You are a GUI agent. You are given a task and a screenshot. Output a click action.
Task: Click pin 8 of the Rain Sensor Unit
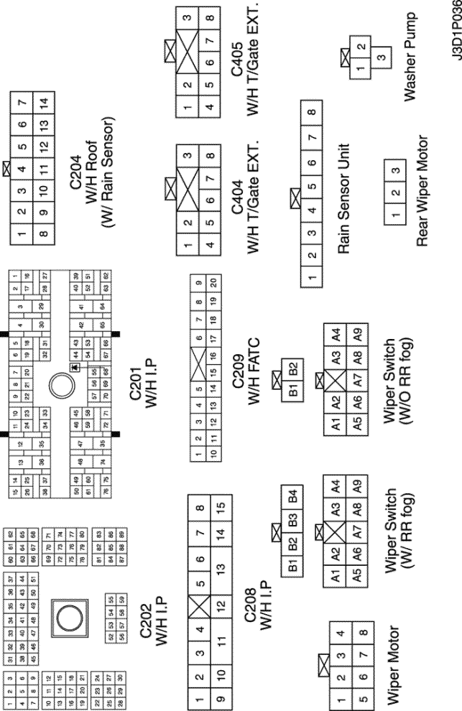click(x=310, y=111)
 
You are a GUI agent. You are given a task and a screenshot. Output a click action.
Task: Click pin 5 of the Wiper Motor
click(x=350, y=694)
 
